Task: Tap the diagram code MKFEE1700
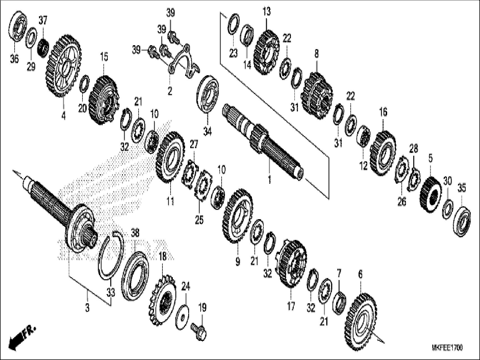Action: (447, 348)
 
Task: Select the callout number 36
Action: (14, 59)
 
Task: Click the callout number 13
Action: (267, 12)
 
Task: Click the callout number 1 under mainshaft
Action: (269, 180)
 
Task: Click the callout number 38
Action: (135, 232)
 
